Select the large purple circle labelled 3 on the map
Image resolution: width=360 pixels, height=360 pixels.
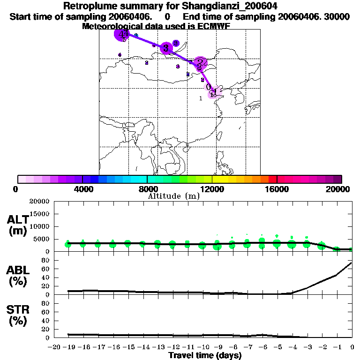tap(166, 48)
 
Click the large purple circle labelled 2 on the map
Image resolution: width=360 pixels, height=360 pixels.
tap(200, 62)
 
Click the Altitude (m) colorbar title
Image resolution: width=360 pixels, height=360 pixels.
tap(174, 196)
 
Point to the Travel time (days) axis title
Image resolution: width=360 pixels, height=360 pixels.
tap(205, 356)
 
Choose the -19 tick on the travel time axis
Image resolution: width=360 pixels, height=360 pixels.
tap(69, 347)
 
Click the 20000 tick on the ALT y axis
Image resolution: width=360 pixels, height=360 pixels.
tap(39, 202)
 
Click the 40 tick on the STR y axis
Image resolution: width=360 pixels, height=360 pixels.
tap(46, 320)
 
